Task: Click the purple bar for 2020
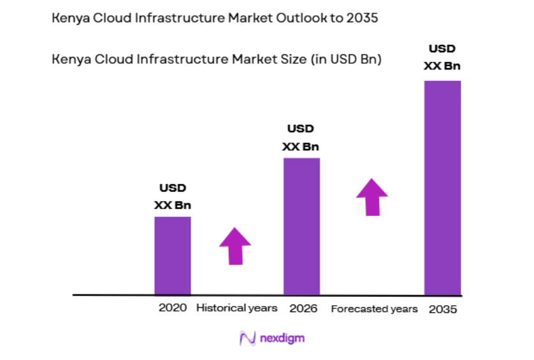pos(172,256)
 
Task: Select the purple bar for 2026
pos(301,226)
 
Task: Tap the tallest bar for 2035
pos(442,187)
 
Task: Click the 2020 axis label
pos(173,308)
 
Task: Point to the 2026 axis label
pos(303,308)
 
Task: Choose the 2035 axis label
pos(442,309)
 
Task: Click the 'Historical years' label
pos(236,308)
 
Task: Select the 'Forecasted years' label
pos(374,309)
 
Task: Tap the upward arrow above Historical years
pos(235,245)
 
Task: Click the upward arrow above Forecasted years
pos(372,197)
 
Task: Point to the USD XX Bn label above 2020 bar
pos(172,197)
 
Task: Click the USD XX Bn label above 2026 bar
pos(301,138)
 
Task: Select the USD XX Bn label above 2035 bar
pos(442,57)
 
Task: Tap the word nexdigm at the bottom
pos(282,338)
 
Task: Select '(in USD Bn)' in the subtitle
pos(346,60)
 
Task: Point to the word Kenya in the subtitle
pos(69,60)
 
